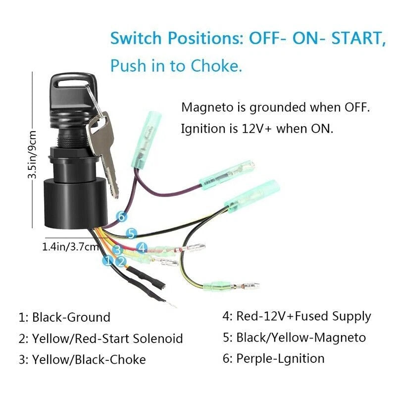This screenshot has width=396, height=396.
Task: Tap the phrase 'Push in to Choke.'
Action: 176,65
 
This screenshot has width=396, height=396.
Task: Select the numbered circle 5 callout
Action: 131,233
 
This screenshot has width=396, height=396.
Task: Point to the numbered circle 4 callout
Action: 142,247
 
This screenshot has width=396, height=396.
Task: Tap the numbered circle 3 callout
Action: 118,250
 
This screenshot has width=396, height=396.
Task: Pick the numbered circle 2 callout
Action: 121,260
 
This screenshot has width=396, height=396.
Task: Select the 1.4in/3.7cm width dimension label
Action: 71,246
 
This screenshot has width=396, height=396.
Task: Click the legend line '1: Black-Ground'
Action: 64,317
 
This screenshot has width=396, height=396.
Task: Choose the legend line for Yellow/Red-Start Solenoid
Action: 100,339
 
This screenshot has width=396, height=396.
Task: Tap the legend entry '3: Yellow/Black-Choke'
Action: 82,360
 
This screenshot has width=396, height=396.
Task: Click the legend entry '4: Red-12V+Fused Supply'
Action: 297,316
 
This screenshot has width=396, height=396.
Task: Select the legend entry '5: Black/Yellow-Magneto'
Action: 294,338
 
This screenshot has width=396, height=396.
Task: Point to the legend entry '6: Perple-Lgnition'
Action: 273,358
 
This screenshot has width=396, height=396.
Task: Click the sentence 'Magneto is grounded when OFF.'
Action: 276,107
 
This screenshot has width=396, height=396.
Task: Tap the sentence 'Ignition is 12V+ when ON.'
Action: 257,129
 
